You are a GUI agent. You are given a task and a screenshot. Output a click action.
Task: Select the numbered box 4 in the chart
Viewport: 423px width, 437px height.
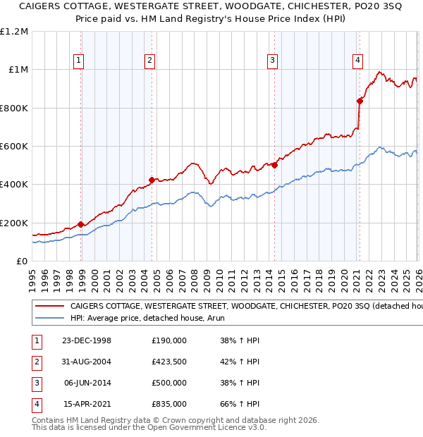tap(358, 61)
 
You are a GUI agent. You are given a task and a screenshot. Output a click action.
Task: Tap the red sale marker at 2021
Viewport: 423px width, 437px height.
tap(360, 101)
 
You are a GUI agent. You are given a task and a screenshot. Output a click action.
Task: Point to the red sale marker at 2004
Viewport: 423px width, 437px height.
tap(152, 180)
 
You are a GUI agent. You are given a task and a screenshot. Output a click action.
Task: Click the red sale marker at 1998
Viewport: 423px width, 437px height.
tap(81, 224)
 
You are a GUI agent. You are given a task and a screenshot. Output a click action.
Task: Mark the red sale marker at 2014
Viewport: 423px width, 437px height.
tap(274, 166)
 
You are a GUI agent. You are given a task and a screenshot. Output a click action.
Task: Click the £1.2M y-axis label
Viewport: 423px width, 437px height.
tap(14, 32)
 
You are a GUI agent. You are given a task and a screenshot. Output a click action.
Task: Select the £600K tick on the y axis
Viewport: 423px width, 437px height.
tap(14, 147)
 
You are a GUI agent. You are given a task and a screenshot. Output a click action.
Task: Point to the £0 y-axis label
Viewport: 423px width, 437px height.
tap(22, 261)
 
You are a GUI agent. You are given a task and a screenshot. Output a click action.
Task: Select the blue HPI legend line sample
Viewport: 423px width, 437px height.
tap(49, 318)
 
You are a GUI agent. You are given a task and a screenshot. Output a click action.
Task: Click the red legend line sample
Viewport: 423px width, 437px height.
tap(49, 307)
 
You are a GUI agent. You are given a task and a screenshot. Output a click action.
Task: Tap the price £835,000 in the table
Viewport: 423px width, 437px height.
tap(169, 405)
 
